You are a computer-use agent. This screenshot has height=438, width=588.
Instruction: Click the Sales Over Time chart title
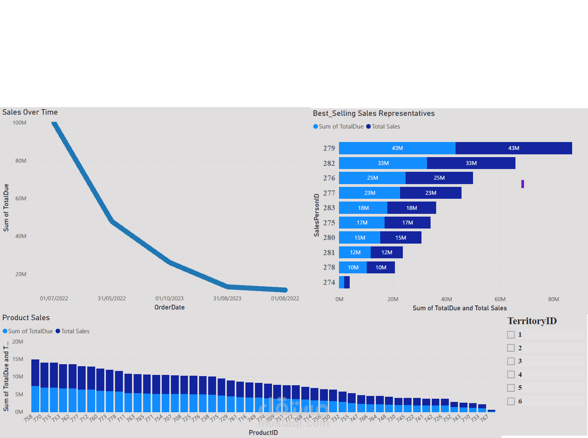point(30,112)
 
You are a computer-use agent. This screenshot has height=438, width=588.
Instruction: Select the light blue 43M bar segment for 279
point(397,148)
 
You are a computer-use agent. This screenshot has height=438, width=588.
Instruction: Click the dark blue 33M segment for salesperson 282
point(471,163)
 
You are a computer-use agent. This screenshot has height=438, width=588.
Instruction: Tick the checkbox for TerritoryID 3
point(511,361)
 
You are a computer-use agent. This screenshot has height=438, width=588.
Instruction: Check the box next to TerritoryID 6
point(511,401)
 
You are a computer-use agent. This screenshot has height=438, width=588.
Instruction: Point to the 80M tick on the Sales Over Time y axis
point(21,161)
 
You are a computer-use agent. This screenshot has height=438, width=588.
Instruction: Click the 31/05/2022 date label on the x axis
point(112,298)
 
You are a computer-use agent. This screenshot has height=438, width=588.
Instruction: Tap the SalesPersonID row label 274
point(329,282)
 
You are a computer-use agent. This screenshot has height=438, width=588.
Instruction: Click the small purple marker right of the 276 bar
point(523,184)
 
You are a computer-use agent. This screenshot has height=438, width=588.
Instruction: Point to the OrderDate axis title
point(169,307)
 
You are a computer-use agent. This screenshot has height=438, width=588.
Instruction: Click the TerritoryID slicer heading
point(532,321)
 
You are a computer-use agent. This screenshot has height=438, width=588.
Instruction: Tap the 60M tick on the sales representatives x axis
point(500,299)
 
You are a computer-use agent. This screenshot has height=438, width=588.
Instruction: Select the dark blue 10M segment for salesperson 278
point(381,267)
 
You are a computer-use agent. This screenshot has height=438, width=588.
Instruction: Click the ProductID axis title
point(263,432)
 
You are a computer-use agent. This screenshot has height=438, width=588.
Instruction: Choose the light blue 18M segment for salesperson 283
point(363,208)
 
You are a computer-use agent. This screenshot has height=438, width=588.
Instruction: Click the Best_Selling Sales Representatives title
point(373,113)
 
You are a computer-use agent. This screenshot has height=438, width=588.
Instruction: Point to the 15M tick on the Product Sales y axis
point(17,359)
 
